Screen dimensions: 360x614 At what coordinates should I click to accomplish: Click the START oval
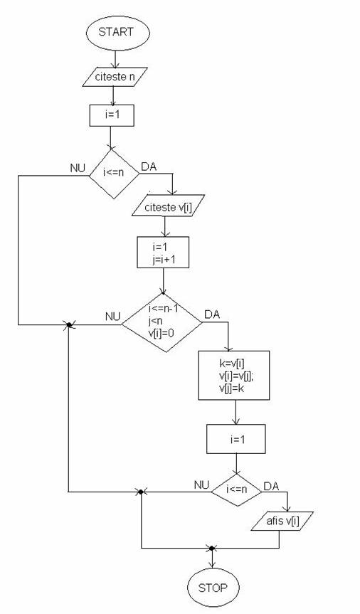(118, 33)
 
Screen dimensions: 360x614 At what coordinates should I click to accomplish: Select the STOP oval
(213, 588)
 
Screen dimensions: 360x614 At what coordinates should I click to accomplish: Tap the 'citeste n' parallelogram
(115, 77)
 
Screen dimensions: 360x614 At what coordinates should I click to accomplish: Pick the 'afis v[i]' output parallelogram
(282, 521)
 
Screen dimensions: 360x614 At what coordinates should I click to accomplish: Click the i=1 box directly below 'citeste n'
(112, 115)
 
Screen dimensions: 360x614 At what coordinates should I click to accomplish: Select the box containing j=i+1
(163, 252)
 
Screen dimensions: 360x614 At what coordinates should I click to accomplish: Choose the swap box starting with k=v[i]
(234, 375)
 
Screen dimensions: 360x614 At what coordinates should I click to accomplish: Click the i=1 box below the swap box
(236, 439)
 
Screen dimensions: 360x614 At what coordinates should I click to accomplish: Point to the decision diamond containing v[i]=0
(162, 323)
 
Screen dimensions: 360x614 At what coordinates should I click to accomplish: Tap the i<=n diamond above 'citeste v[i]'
(114, 173)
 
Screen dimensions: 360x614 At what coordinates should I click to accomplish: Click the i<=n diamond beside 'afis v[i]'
(237, 489)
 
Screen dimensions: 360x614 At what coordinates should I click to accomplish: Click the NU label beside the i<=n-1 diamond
(113, 317)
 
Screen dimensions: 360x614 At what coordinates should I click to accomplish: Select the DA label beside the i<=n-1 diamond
(212, 314)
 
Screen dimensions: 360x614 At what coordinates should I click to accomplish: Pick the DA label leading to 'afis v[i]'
(271, 487)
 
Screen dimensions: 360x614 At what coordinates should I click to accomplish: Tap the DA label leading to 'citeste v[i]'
(149, 166)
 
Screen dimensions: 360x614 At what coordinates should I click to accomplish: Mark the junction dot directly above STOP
(211, 548)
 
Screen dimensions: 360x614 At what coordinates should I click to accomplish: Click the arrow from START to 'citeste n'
(115, 59)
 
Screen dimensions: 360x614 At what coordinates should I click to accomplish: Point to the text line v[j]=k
(233, 388)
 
